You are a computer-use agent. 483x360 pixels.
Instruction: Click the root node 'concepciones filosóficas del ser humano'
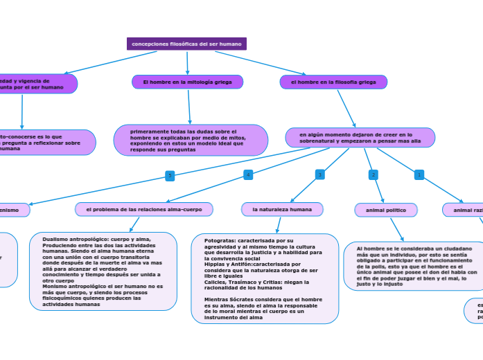pos(186,44)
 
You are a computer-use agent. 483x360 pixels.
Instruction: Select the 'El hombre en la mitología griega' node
pos(187,82)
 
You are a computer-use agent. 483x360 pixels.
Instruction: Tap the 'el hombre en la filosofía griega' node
pos(333,82)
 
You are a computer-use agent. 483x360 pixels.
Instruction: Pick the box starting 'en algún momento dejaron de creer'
pos(360,137)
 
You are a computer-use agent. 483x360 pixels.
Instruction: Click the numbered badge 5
pos(170,175)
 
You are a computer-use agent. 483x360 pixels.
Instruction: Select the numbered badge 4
pos(248,174)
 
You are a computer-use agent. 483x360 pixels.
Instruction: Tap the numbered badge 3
pos(319,174)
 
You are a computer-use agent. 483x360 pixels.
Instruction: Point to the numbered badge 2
pos(374,174)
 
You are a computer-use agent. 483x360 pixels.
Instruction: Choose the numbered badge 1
pos(419,174)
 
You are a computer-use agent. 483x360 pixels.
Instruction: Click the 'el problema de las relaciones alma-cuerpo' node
pos(144,209)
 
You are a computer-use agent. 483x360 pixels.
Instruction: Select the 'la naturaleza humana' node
pos(282,209)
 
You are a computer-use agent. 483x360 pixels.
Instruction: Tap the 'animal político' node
pos(386,210)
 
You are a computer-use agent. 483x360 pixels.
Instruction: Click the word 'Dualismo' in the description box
pos(54,239)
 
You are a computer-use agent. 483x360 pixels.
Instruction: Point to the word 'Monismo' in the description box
pos(53,285)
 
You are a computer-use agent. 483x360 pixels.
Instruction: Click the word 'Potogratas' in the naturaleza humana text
pos(218,240)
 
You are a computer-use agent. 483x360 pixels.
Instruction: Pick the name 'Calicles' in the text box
pos(215,282)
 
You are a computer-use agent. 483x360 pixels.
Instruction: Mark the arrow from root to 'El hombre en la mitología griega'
pos(187,63)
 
